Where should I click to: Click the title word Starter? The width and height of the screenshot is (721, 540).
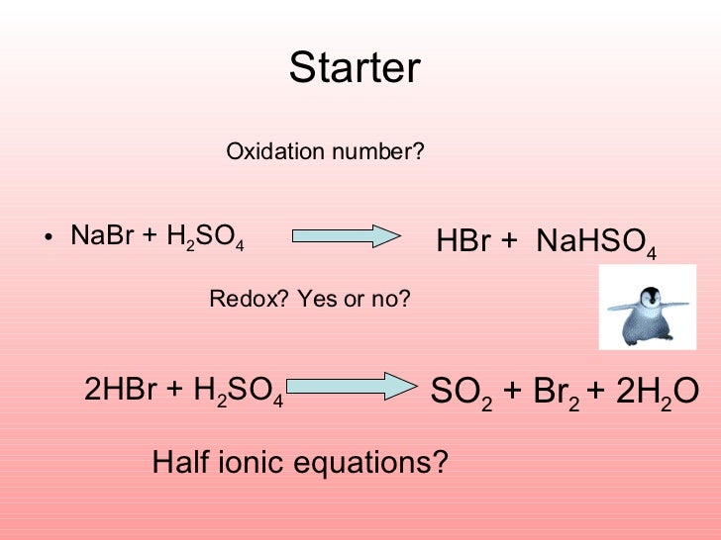[x=355, y=68]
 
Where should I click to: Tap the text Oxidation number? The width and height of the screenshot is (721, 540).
[x=325, y=152]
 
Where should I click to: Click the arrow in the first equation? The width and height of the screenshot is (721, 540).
[x=345, y=236]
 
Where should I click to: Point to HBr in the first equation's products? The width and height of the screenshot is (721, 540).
[x=463, y=242]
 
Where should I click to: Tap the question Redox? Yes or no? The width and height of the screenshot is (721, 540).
[x=309, y=299]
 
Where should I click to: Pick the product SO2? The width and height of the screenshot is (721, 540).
[x=462, y=393]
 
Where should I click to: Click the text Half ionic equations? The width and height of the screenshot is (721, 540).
[x=300, y=462]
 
